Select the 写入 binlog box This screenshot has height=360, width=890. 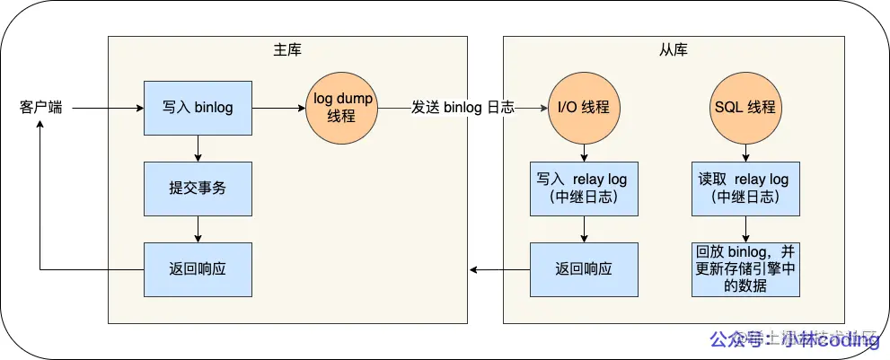point(198,108)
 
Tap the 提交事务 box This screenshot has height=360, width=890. point(198,189)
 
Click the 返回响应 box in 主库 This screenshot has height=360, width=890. point(198,268)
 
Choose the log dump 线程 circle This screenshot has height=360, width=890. point(342,108)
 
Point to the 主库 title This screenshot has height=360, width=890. point(286,49)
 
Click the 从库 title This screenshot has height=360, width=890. point(673,49)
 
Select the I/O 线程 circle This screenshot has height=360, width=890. point(584,108)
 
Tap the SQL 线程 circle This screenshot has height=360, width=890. point(745,108)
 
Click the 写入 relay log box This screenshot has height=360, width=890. point(584,189)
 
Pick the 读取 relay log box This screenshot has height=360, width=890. point(745,189)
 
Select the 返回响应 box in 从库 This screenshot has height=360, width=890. point(584,268)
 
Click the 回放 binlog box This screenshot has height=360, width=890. point(745,268)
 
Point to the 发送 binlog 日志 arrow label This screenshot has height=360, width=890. point(463,108)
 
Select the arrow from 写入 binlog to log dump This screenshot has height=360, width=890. point(278,108)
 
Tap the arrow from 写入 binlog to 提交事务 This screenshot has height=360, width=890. point(198,148)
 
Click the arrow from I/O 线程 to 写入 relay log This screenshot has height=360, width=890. point(584,153)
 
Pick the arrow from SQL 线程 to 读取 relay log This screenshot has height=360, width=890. point(745,153)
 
